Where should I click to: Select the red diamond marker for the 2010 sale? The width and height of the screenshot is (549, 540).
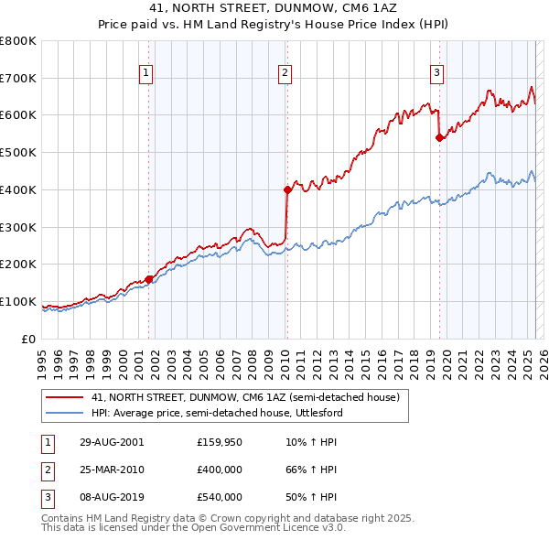[x=287, y=189]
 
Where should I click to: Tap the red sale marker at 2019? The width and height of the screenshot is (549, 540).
[x=439, y=137]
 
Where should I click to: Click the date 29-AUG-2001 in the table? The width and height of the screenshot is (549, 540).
[x=112, y=442]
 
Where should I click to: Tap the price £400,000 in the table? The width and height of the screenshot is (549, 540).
[x=220, y=470]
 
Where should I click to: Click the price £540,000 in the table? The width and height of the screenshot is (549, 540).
[x=220, y=497]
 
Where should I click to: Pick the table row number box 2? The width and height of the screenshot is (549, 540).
[x=46, y=470]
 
